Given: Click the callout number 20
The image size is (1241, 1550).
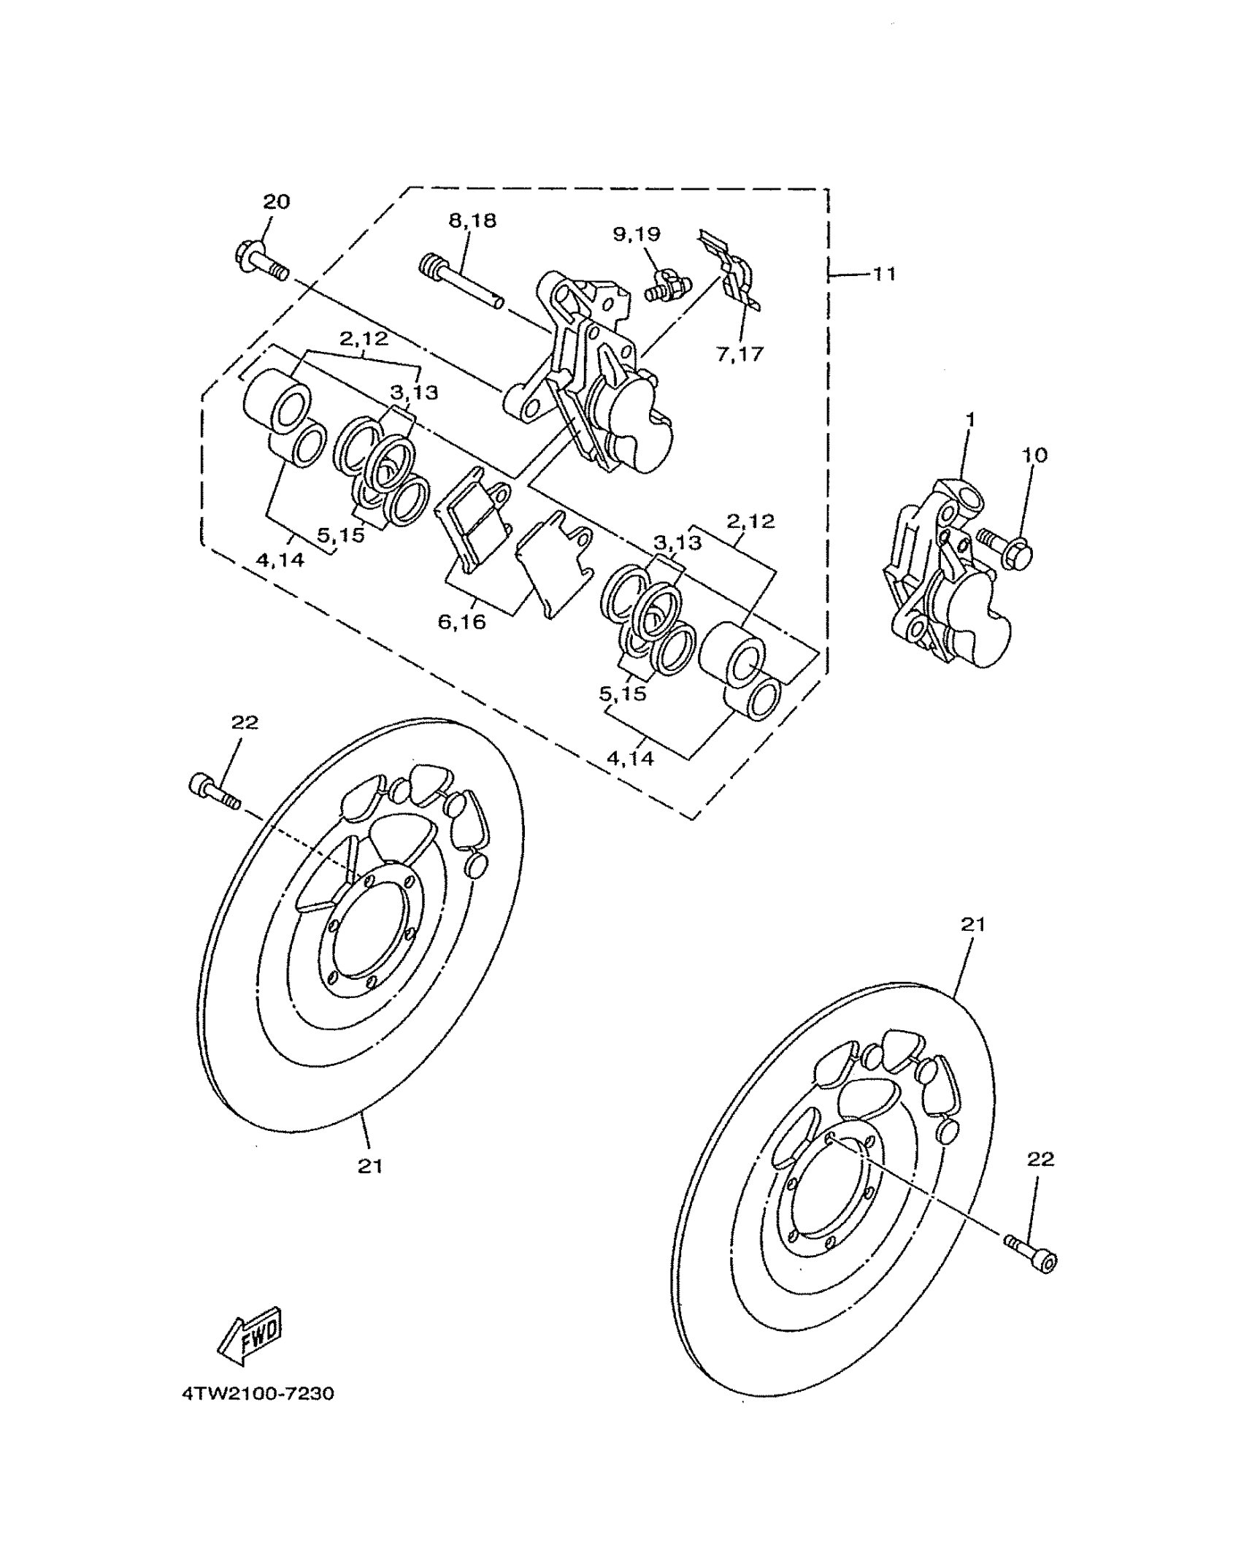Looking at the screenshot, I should pos(276,202).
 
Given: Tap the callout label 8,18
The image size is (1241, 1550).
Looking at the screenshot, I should pos(472,220).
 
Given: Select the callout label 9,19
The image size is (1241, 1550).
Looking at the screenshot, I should pos(637,234).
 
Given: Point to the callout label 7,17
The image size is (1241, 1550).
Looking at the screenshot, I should pos(739,354).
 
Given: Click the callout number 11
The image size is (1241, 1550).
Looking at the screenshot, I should pos(884,275).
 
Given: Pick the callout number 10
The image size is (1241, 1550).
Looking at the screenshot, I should pos(1034,455).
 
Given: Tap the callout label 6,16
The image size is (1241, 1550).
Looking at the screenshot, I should pos(461,621).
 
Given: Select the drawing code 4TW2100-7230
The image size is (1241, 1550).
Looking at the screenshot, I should pos(258,1394).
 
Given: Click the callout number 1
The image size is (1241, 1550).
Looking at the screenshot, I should pos(970,421).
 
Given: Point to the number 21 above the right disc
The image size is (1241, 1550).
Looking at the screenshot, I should pos(972,924).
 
